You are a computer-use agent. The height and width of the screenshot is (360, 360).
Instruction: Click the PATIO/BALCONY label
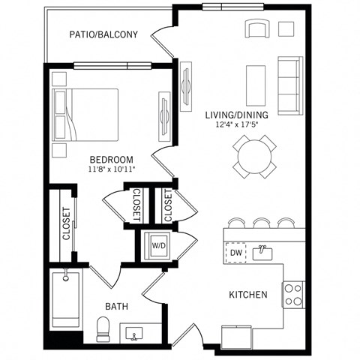103,34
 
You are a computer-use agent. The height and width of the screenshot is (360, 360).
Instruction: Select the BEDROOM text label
111,160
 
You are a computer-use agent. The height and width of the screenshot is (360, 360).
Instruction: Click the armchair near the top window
256,28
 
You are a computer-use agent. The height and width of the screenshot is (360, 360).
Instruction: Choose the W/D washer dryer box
159,244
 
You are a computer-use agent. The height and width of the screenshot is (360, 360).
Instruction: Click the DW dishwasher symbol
235,253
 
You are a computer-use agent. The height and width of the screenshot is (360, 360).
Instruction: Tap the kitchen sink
262,253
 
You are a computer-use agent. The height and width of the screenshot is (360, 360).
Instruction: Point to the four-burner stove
292,294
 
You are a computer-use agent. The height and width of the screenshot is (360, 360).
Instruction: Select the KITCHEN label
248,295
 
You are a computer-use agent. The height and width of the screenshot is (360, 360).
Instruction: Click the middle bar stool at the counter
261,223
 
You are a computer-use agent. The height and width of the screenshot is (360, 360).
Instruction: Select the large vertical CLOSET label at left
67,223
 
